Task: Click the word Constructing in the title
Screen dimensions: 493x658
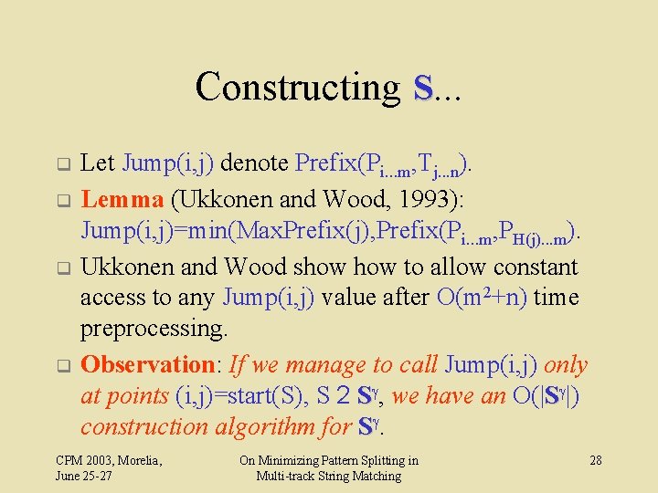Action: (297, 88)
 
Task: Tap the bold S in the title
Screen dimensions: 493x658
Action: (422, 88)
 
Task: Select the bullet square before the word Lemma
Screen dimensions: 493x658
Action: (64, 199)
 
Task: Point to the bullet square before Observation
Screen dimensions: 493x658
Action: (64, 367)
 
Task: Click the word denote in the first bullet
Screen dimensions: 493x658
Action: (255, 164)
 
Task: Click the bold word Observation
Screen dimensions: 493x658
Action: (147, 365)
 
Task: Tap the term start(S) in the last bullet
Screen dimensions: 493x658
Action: (271, 396)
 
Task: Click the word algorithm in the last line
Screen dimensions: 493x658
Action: (267, 426)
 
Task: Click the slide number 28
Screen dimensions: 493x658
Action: (595, 460)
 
